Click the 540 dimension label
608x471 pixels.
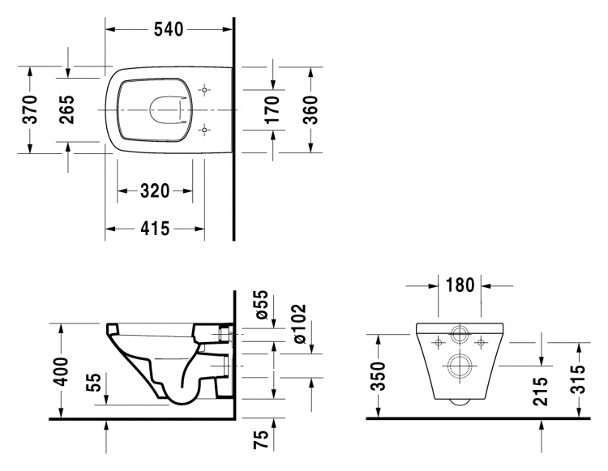tap(169, 29)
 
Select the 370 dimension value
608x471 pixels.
tap(30, 109)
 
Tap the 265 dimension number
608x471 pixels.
tap(66, 109)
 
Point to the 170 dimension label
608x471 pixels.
tap(272, 109)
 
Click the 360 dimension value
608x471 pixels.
tap(310, 109)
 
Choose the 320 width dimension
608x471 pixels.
tap(155, 191)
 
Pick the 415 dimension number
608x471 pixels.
tap(155, 229)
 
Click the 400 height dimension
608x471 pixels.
tap(61, 372)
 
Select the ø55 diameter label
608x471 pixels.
tap(261, 305)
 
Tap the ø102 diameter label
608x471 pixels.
tap(299, 324)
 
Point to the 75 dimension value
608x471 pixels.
tap(261, 439)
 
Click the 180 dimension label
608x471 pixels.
tap(460, 285)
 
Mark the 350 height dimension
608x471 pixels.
tap(378, 375)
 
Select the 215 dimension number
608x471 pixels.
tap(540, 392)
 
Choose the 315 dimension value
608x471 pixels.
tap(579, 379)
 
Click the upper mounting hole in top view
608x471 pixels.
tap(204, 90)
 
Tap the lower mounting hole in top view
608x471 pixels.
tap(204, 130)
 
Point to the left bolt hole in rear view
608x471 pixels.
tap(439, 343)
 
